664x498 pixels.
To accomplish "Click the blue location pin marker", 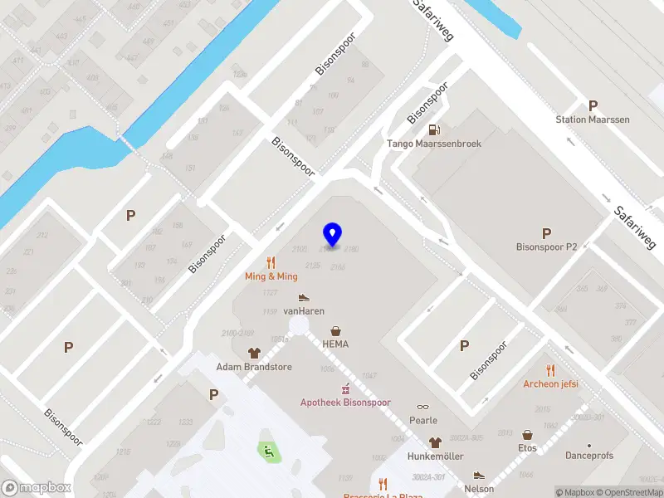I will click(x=333, y=234).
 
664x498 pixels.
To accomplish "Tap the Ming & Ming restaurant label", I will click(x=271, y=276).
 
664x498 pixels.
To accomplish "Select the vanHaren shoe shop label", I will click(x=304, y=311).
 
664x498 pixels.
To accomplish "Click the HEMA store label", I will click(x=335, y=344).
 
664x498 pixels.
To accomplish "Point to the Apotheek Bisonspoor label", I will click(x=344, y=403).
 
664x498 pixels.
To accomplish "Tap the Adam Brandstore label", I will click(x=254, y=367).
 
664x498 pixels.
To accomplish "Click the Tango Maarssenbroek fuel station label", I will click(x=434, y=144).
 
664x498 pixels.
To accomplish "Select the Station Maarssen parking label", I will click(x=593, y=120).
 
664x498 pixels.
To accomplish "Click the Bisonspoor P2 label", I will click(x=546, y=247).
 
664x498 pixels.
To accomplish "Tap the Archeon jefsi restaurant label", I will click(x=550, y=384).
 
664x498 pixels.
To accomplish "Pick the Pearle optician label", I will click(x=423, y=421).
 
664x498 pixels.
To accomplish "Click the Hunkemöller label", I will click(x=434, y=456).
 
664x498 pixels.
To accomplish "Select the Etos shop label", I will click(x=527, y=448).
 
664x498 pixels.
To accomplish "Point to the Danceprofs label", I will click(x=589, y=456).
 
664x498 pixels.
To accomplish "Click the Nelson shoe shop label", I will click(x=479, y=489).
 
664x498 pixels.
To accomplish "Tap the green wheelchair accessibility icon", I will click(x=267, y=452).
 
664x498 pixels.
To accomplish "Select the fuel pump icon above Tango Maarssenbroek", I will click(x=434, y=129).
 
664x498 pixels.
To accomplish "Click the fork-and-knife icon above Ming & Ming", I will click(x=271, y=262).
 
